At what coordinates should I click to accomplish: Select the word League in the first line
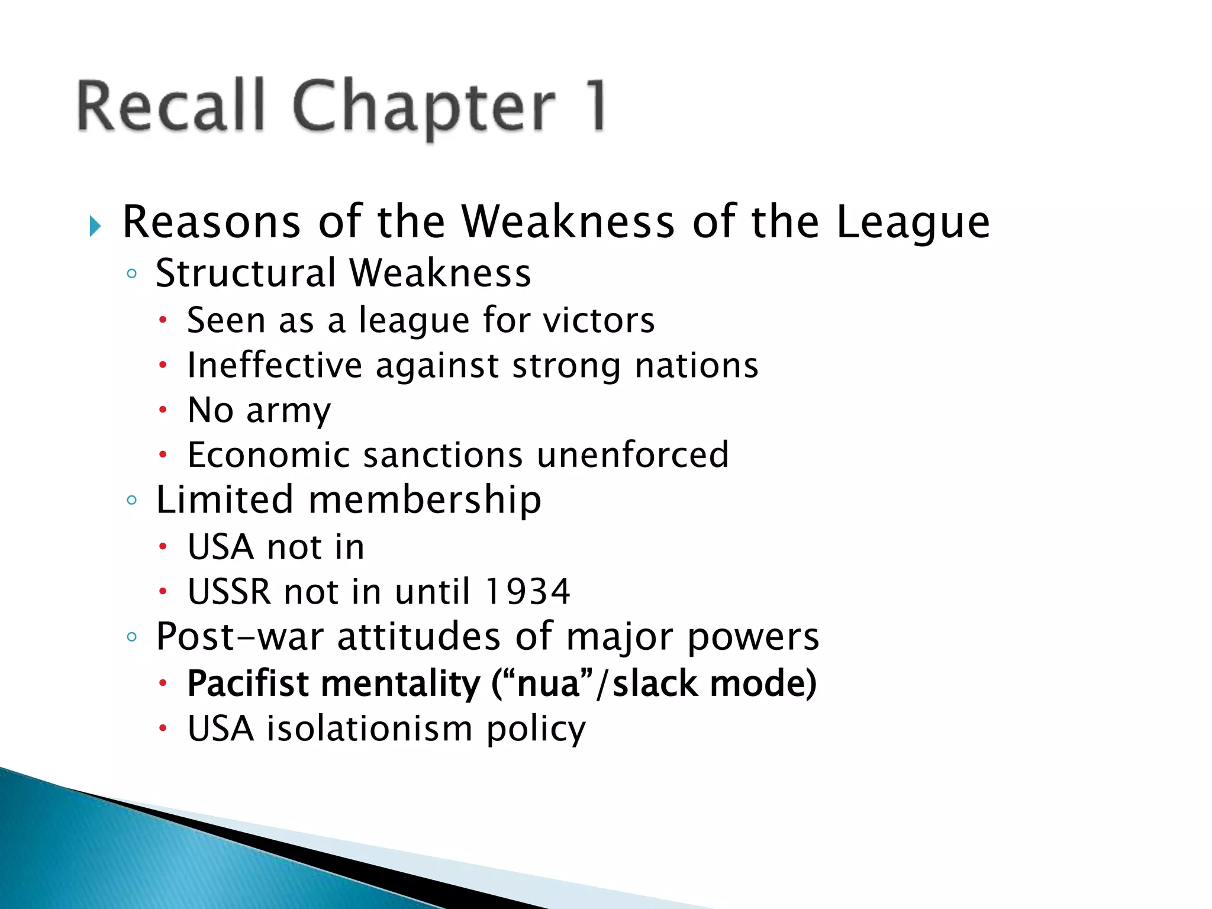click(913, 223)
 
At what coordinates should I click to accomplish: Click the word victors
click(598, 320)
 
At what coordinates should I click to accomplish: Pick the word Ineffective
click(274, 365)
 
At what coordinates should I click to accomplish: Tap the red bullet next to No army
click(163, 410)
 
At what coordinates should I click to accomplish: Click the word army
click(288, 411)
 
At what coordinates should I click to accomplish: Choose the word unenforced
click(633, 455)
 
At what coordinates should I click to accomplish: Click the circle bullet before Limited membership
click(132, 500)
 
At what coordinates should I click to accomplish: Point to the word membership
click(424, 500)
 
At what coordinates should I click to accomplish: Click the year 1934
click(527, 592)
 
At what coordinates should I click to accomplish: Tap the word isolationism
click(369, 729)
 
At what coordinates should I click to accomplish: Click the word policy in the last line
click(536, 730)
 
